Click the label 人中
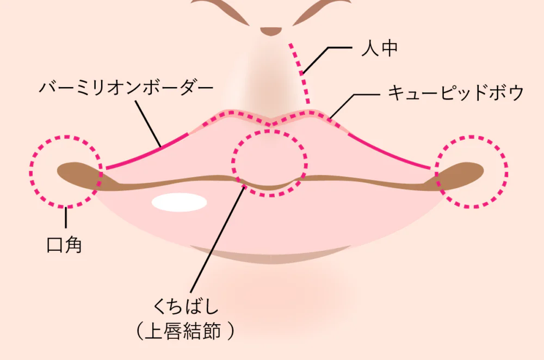379,48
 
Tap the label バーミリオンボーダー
126,87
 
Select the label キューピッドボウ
455,92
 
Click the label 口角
64,245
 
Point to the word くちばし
186,306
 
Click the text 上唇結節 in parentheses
183,331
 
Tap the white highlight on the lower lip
180,202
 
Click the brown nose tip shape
271,31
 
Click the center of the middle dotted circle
270,163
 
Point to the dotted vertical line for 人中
300,73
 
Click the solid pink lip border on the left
147,152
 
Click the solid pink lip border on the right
389,152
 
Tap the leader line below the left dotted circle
66,217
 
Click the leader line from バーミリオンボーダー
148,123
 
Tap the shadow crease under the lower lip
270,255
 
